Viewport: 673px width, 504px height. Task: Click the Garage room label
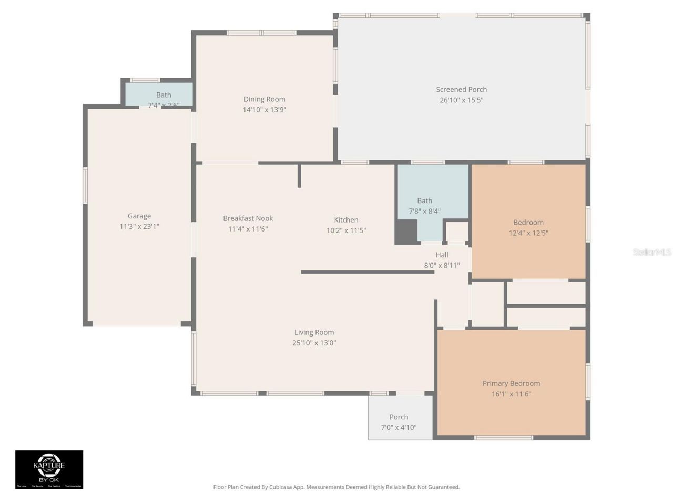(x=139, y=216)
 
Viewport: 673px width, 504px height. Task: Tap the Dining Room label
(x=264, y=99)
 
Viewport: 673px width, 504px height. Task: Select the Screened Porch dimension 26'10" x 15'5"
(x=461, y=100)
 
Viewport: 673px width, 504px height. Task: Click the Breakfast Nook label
(x=248, y=218)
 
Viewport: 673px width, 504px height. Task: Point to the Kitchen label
(x=346, y=220)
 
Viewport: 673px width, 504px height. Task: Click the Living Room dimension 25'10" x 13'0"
(x=314, y=343)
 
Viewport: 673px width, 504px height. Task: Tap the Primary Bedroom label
(x=511, y=383)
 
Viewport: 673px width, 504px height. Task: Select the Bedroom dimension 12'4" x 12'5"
(x=528, y=233)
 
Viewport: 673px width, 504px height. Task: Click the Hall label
(x=442, y=255)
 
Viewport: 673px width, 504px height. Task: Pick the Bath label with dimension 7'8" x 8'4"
(x=424, y=201)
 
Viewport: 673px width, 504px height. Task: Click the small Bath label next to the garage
(x=164, y=95)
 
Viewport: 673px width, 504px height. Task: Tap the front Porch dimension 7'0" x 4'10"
(x=399, y=428)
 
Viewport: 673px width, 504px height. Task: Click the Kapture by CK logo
(x=49, y=469)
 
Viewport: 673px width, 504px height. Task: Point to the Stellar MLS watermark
(x=651, y=253)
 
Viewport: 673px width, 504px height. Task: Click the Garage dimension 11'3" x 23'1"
(x=139, y=227)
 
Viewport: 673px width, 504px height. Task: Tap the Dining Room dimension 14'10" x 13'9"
(x=264, y=110)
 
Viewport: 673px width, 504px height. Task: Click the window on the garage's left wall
(x=85, y=185)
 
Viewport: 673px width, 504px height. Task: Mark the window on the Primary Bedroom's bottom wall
(x=503, y=437)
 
